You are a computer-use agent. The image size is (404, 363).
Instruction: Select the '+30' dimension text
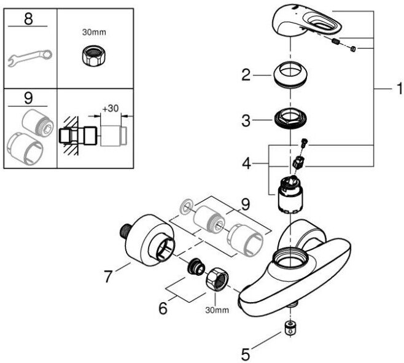(111, 108)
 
